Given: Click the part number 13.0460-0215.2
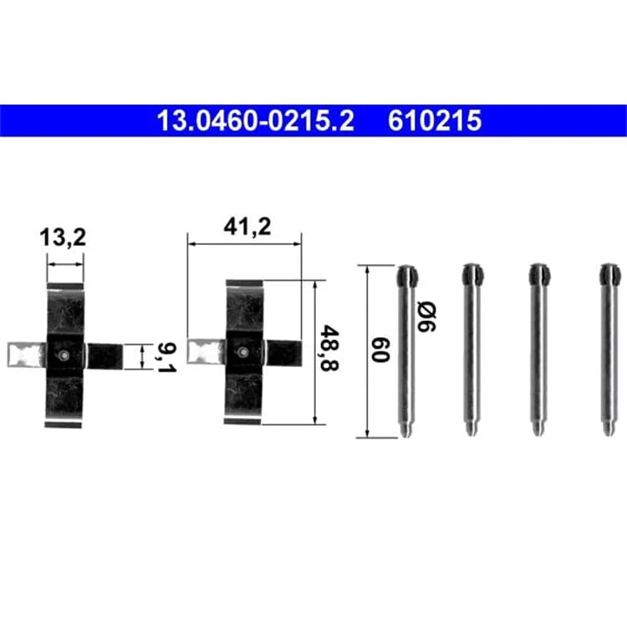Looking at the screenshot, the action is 256,120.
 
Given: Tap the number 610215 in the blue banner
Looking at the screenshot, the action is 434,120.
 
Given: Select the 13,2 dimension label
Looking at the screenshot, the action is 63,237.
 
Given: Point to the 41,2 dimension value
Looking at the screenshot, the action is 247,227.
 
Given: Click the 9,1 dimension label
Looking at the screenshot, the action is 166,357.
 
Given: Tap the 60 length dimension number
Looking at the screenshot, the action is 380,349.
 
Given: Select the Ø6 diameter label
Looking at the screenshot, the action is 426,318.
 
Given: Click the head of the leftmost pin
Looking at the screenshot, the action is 407,275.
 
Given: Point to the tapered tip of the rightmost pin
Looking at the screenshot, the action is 609,430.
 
